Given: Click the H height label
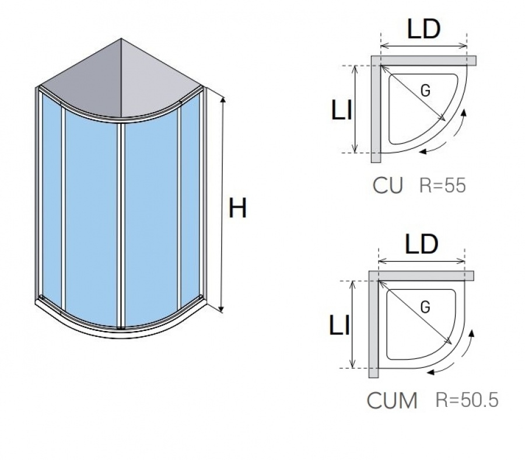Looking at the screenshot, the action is click(x=237, y=208).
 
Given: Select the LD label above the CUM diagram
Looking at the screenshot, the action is click(x=421, y=244).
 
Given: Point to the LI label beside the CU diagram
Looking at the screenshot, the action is click(x=341, y=110).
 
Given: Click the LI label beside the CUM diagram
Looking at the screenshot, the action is click(x=339, y=325).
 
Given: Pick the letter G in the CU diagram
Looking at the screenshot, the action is click(x=425, y=90).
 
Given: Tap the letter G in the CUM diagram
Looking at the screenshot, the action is click(x=425, y=307).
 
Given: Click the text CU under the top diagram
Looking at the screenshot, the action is click(x=388, y=186).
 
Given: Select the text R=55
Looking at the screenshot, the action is click(x=442, y=185).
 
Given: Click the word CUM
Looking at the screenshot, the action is click(x=392, y=400).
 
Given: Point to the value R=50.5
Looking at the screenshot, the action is click(x=467, y=400).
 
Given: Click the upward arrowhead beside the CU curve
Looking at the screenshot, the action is click(x=464, y=112).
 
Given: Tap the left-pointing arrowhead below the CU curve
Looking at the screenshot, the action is click(x=423, y=151).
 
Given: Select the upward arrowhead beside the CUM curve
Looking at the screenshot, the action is click(x=472, y=333).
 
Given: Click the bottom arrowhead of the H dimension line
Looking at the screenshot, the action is click(x=221, y=309).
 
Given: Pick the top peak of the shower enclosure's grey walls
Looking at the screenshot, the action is click(x=121, y=39).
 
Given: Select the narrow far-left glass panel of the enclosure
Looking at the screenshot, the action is click(x=52, y=201).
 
